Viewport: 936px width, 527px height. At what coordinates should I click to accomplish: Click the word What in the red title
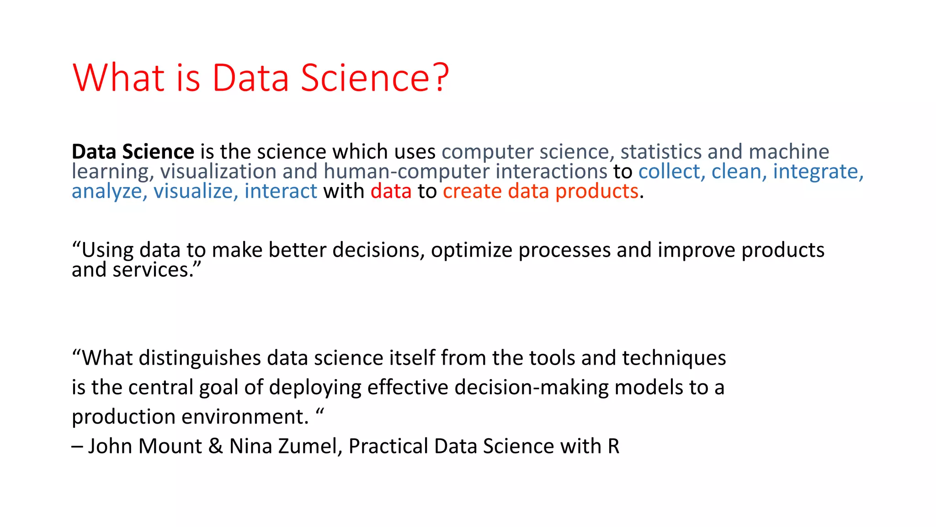(118, 78)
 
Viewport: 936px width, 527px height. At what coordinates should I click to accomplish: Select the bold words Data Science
(133, 152)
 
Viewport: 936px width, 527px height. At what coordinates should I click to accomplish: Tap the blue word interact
(281, 191)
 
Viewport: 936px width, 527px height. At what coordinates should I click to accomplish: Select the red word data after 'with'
(391, 191)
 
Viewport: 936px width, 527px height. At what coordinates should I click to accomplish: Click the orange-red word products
(596, 192)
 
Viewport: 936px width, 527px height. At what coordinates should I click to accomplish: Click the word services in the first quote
(151, 270)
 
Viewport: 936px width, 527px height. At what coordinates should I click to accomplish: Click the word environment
(245, 417)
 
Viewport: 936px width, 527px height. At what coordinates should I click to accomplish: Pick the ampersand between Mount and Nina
(215, 446)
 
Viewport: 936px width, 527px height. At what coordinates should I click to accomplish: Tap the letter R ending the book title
(613, 446)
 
